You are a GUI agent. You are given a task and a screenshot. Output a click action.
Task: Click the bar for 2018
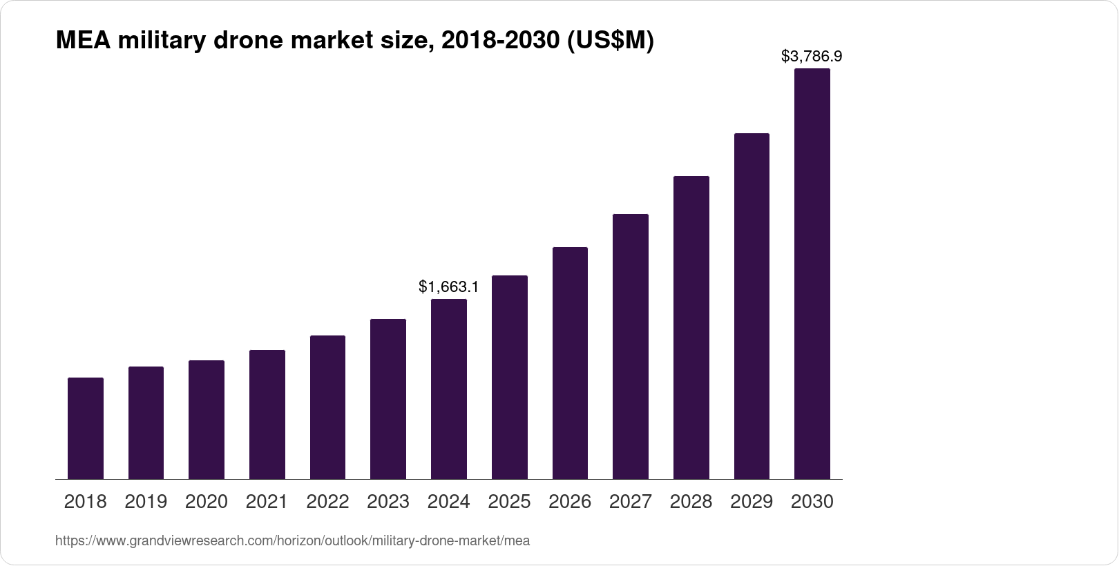[86, 428]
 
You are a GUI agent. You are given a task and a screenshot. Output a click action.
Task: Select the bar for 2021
[267, 414]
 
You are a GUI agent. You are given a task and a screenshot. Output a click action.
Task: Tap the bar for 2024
[449, 389]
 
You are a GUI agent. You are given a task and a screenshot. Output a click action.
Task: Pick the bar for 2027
[630, 347]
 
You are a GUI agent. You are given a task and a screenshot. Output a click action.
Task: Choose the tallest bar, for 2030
[812, 273]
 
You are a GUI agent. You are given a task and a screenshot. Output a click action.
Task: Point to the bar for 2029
[752, 306]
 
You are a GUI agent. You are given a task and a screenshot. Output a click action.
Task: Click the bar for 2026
[570, 363]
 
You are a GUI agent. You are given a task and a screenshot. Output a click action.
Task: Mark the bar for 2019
[146, 422]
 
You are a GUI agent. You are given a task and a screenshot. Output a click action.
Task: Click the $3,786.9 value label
[812, 56]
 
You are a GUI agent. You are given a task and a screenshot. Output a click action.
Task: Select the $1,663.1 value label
[449, 286]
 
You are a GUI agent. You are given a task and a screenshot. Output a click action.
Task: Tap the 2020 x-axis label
[207, 502]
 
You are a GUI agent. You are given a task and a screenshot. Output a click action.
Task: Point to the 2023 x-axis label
[388, 502]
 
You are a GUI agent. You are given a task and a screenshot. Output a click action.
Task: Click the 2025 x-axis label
[509, 502]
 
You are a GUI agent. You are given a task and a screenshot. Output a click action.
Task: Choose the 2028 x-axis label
[691, 502]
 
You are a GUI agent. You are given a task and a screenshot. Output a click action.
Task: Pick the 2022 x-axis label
[327, 502]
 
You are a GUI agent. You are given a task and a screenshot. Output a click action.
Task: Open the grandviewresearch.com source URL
[292, 541]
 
